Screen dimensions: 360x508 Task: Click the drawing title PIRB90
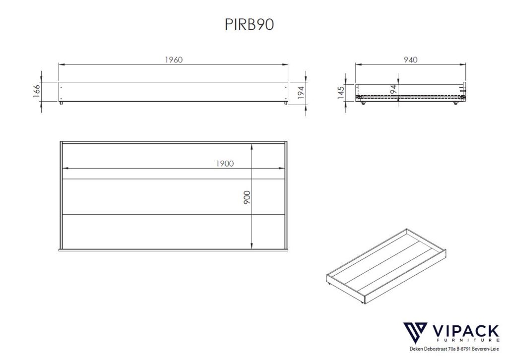pyautogui.click(x=250, y=25)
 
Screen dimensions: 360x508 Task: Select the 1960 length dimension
pyautogui.click(x=174, y=60)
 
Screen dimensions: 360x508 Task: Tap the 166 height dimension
pyautogui.click(x=37, y=92)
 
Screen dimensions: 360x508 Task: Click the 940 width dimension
pyautogui.click(x=410, y=60)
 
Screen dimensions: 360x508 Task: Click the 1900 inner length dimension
pyautogui.click(x=225, y=164)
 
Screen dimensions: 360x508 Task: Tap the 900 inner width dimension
pyautogui.click(x=247, y=197)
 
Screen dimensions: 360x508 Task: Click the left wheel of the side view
pyautogui.click(x=363, y=103)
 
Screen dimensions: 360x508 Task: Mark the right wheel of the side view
pyautogui.click(x=455, y=103)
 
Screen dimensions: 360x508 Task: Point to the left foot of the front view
pyautogui.click(x=62, y=104)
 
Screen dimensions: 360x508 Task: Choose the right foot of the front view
pyautogui.click(x=285, y=104)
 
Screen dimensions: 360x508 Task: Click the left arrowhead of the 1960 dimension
pyautogui.click(x=61, y=64)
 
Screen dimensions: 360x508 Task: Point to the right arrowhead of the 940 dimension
pyautogui.click(x=465, y=64)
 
